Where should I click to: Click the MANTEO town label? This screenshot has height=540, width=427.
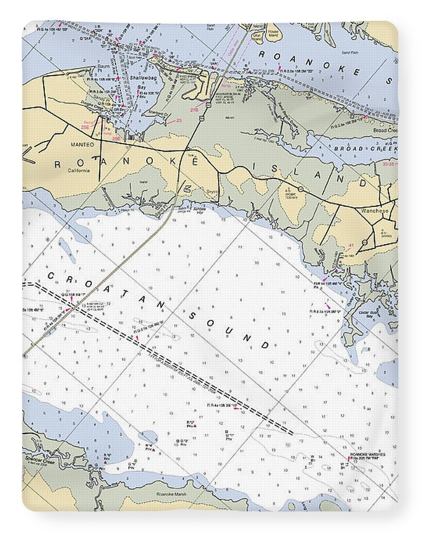83,145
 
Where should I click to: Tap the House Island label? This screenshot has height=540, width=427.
274,33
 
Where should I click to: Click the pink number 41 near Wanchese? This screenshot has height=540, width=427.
351,246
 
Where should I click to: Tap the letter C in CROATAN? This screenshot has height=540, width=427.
52,276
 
